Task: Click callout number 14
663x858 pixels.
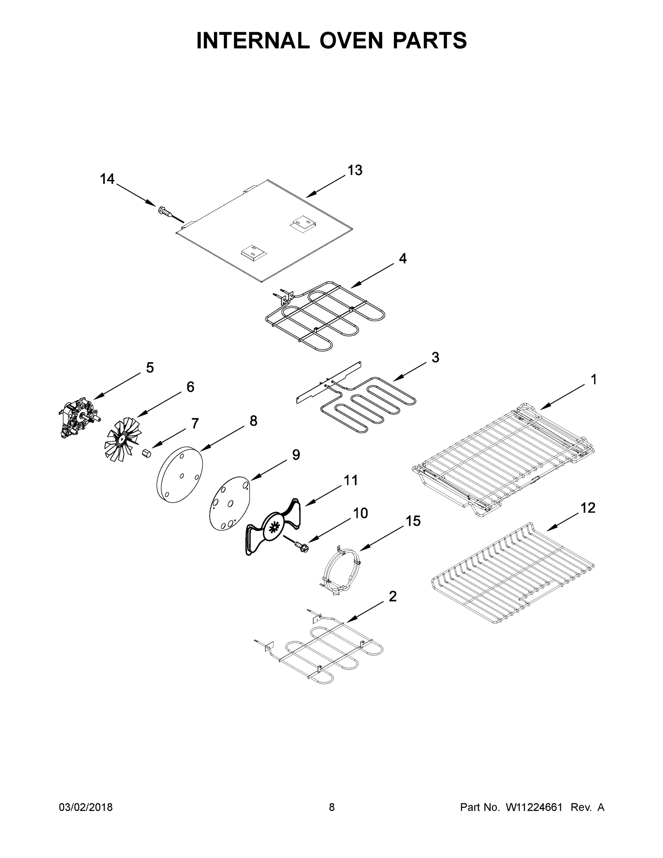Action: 107,179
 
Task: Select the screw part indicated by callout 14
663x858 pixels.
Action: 166,212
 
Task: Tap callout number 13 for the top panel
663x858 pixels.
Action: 355,171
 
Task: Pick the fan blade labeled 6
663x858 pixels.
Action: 122,438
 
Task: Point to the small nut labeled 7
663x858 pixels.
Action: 147,453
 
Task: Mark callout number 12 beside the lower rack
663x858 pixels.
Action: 588,508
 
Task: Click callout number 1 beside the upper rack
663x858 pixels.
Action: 594,380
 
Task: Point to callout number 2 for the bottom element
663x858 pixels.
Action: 392,596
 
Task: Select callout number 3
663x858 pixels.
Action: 435,357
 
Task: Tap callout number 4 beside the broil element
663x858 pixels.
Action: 402,258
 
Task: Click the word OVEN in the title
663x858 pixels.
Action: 351,40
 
